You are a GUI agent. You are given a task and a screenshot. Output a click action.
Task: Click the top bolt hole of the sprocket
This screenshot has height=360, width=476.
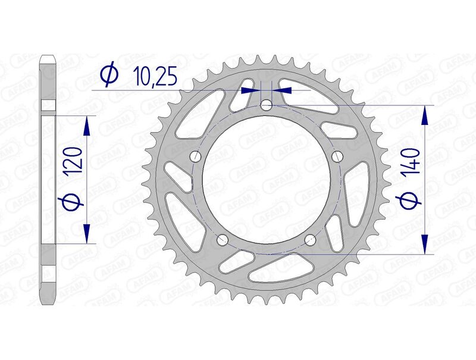tap(266, 105)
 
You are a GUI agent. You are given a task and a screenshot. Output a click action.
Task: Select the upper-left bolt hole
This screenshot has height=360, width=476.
tap(196, 156)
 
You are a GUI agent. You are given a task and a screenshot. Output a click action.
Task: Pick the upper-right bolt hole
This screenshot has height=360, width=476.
tap(337, 156)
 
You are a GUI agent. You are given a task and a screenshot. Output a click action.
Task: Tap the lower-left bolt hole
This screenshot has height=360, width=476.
tap(223, 239)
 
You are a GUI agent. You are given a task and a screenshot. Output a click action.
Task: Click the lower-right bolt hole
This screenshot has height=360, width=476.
tap(309, 239)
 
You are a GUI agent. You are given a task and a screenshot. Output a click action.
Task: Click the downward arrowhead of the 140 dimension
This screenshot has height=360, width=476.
tap(425, 244)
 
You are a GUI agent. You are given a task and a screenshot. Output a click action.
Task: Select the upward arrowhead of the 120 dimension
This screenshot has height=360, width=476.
tap(87, 126)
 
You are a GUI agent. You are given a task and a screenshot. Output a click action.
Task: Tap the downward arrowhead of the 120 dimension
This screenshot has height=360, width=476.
tap(87, 233)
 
